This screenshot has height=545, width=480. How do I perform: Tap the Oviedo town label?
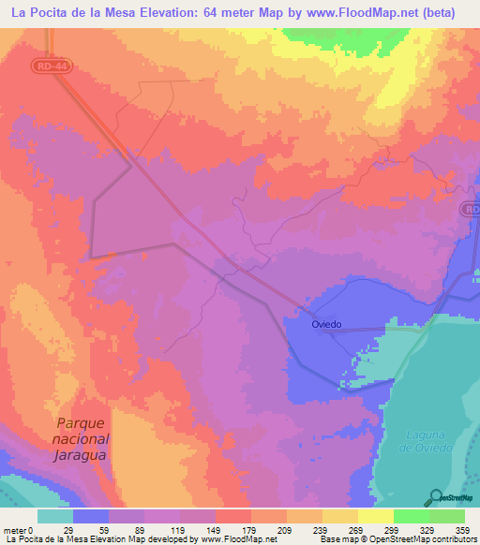(326, 324)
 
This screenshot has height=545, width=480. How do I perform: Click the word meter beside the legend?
(15, 529)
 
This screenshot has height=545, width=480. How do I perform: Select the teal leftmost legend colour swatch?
(55, 516)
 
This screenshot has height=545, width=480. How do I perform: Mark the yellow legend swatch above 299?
(375, 516)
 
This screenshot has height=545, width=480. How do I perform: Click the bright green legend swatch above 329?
(411, 516)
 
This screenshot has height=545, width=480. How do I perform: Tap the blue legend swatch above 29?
(91, 516)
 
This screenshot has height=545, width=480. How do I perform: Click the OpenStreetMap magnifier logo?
(436, 497)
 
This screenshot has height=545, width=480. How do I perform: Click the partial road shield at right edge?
(472, 212)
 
